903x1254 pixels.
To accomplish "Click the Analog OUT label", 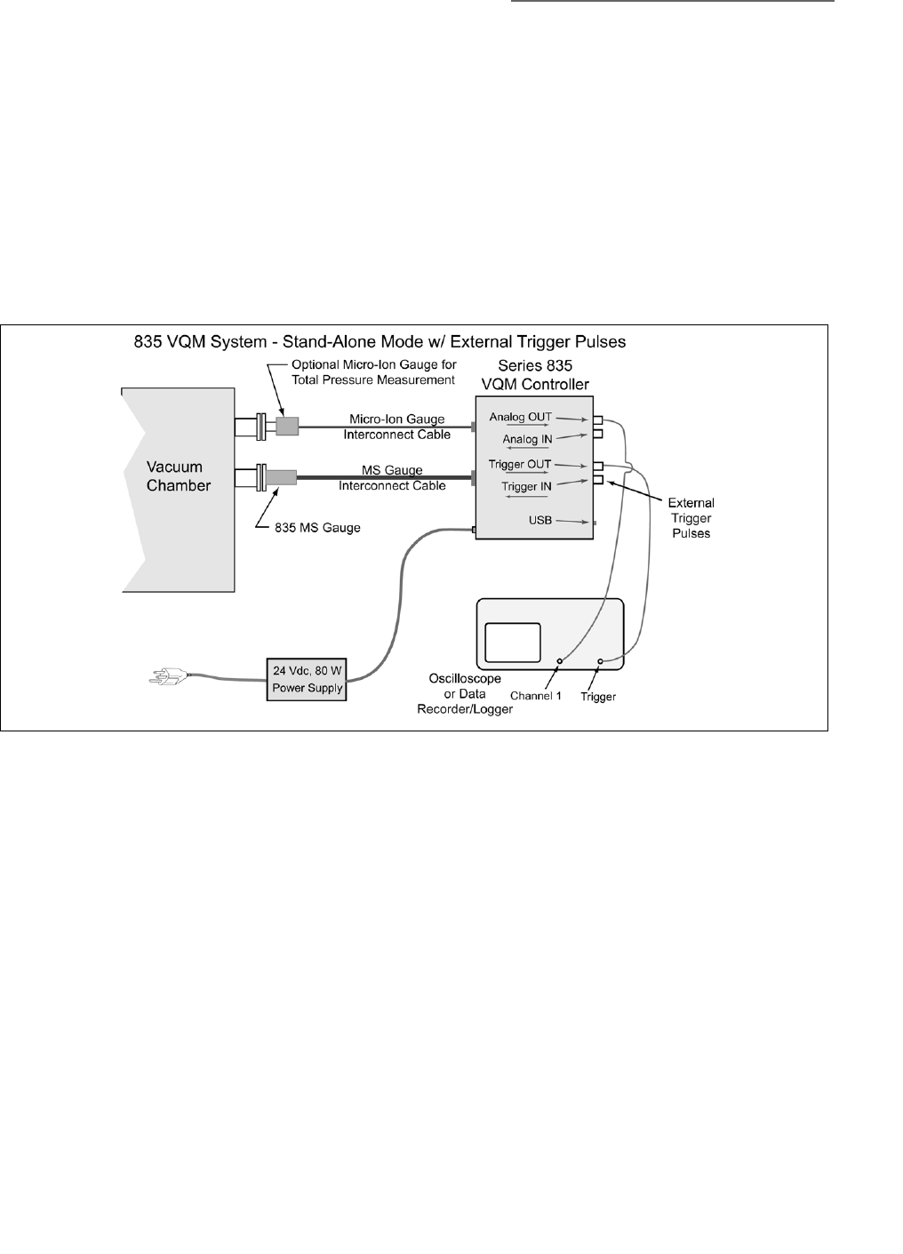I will [520, 417].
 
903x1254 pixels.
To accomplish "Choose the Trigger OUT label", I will [520, 464].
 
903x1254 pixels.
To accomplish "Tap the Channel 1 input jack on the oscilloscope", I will [560, 661].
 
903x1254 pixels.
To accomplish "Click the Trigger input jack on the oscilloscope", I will [601, 661].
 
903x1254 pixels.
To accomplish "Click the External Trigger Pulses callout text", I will [691, 518].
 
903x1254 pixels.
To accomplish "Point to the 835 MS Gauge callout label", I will [318, 528].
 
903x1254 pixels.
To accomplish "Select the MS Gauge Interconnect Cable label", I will [392, 477].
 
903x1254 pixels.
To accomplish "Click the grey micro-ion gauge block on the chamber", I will [287, 427].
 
